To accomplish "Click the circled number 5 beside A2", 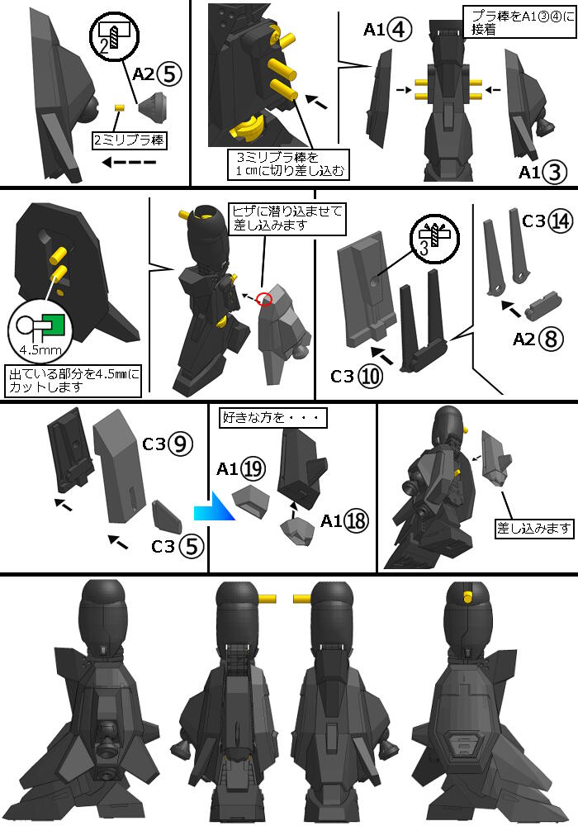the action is click(168, 74).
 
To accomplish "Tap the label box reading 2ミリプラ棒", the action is click(129, 140).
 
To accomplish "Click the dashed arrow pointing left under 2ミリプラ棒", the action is click(129, 162).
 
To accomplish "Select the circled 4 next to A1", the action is click(399, 30).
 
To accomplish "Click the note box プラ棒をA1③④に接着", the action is click(519, 21).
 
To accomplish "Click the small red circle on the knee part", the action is click(264, 298).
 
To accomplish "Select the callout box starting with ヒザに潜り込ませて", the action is click(287, 218).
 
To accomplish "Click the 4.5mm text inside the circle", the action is click(40, 349).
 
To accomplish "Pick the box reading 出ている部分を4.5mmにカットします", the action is click(73, 380).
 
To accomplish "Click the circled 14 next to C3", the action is click(561, 221).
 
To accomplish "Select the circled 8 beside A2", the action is click(551, 339).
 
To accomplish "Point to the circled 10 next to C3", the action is click(371, 377).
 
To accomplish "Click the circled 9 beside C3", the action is click(180, 444).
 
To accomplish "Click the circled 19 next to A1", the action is click(253, 469).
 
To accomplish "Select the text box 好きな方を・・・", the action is click(272, 418).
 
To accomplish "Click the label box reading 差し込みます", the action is click(533, 528).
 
